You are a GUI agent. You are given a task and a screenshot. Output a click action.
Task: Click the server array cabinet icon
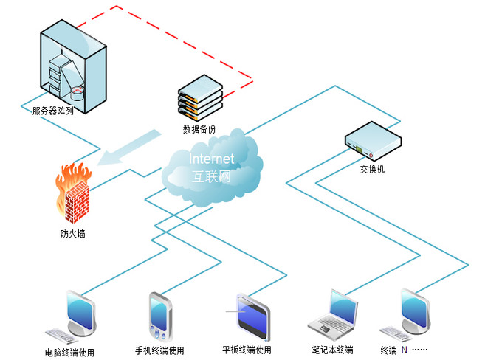[x=72, y=62]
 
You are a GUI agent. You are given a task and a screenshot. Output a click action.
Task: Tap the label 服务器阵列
[x=52, y=111]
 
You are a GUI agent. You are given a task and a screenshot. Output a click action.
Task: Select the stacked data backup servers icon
[x=200, y=97]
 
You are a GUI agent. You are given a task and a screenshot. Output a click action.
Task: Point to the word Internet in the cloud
[x=212, y=159]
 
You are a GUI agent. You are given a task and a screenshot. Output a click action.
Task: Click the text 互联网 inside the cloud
[x=212, y=177]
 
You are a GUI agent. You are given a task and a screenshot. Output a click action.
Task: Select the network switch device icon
[x=373, y=140]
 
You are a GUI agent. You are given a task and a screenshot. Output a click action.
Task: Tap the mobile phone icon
[x=159, y=317]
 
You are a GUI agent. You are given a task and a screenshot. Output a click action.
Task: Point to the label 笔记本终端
[x=332, y=350]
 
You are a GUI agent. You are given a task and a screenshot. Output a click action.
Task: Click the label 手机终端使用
[x=159, y=350]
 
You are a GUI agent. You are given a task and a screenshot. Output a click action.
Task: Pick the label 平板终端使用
[x=247, y=350]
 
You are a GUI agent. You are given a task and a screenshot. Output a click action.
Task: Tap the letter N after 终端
[x=404, y=350]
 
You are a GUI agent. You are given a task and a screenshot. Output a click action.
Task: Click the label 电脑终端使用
[x=69, y=352]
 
